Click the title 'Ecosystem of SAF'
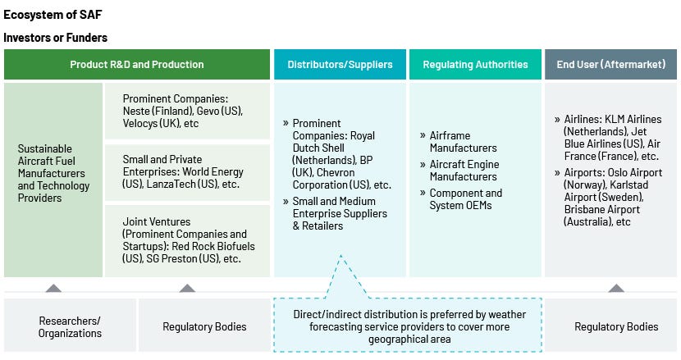53,15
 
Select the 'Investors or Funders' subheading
55,38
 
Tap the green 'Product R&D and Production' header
137,64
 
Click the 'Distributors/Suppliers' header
340,64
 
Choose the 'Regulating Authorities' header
476,64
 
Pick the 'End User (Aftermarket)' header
611,64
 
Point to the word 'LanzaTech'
171,185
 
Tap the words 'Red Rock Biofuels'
213,246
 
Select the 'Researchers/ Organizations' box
70,326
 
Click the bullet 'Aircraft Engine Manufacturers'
464,171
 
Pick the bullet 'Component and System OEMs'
465,199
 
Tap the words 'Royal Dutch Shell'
334,142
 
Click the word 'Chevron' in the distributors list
336,172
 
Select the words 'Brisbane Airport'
602,209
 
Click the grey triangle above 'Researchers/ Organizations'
53,289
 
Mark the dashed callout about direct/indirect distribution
409,326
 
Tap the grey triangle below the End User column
616,289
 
